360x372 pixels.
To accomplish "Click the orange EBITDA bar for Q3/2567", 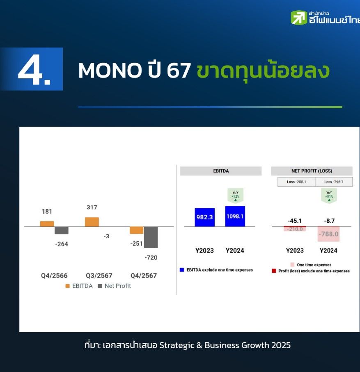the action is [92, 222].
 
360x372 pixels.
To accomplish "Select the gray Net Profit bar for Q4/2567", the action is [151, 237].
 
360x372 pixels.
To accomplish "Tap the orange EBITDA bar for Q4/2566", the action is [47, 224].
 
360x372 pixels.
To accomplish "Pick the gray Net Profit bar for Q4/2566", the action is [62, 231].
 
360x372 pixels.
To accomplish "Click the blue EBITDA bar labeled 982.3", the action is [205, 217].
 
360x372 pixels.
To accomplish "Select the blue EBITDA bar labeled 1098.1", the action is [235, 216].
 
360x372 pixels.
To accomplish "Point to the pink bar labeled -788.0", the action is [329, 234].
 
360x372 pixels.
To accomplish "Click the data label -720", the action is [151, 258].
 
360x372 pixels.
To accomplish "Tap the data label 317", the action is [92, 208].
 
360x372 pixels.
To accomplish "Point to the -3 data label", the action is [106, 236].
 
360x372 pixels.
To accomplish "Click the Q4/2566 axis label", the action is [54, 276].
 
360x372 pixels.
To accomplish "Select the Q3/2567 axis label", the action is [99, 276].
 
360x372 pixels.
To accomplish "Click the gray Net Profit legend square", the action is [100, 286].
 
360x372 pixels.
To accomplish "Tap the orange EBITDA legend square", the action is [67, 286].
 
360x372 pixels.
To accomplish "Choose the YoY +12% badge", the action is [235, 196].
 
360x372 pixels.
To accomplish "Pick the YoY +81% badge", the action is [329, 196].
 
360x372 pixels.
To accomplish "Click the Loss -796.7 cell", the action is [334, 182].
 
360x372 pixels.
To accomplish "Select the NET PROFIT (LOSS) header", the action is [312, 171].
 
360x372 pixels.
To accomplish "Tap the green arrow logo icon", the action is [299, 17].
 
